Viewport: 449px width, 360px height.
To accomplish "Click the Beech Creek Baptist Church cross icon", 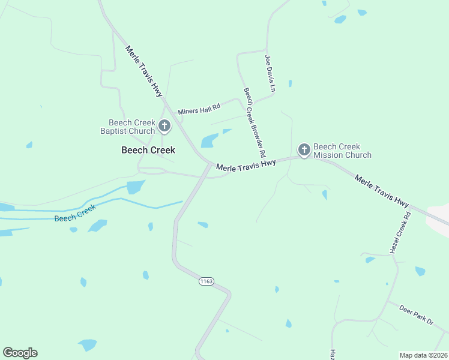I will point(164,127).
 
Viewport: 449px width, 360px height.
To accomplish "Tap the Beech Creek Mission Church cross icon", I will point(304,150).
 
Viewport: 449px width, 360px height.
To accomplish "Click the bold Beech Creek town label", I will point(148,150).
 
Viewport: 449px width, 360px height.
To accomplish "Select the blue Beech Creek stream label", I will point(75,214).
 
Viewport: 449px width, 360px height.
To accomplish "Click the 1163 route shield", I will point(206,281).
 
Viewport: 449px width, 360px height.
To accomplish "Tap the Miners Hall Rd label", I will point(199,109).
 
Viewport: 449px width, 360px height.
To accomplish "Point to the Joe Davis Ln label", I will point(270,73).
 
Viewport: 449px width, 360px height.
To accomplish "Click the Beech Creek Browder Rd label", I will point(255,120).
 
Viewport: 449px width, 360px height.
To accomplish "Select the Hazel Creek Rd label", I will point(400,233).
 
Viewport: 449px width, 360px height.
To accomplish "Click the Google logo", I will point(20,353).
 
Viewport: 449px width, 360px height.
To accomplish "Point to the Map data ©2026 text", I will point(423,355).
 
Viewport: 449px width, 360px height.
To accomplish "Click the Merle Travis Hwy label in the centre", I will point(246,165).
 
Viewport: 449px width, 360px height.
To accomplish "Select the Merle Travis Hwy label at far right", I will point(382,191).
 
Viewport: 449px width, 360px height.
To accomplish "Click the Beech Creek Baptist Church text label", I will point(127,127).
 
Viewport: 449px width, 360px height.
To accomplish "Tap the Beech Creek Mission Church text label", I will point(342,151).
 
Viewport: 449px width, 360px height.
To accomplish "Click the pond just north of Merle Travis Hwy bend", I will point(209,140).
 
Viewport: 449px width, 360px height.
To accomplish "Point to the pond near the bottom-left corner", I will point(88,345).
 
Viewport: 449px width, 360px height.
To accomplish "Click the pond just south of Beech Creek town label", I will point(136,187).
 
